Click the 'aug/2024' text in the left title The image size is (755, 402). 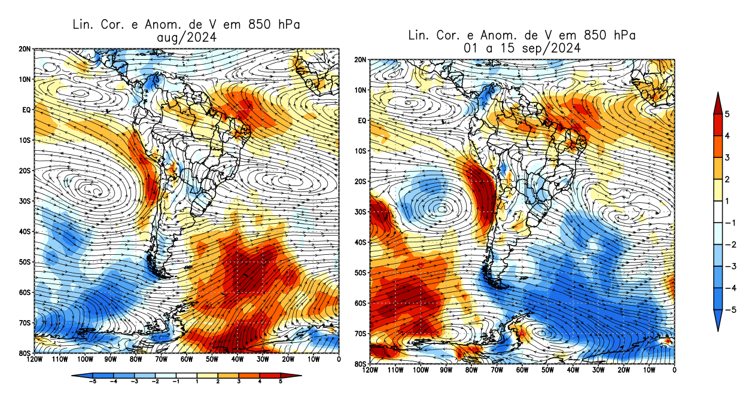click(x=185, y=37)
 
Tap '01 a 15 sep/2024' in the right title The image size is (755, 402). click(x=521, y=48)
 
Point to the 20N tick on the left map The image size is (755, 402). click(x=25, y=49)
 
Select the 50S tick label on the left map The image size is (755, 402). click(x=25, y=262)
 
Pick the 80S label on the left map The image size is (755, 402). click(x=25, y=353)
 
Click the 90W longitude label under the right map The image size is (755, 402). click(x=446, y=370)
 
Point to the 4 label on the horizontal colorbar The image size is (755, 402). click(x=259, y=381)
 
